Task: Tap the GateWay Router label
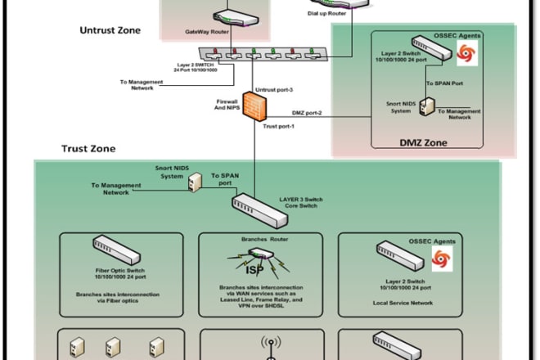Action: [x=207, y=34]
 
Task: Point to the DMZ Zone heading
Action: [x=423, y=142]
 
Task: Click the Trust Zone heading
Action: [x=88, y=149]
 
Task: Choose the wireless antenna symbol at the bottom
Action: [x=270, y=345]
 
